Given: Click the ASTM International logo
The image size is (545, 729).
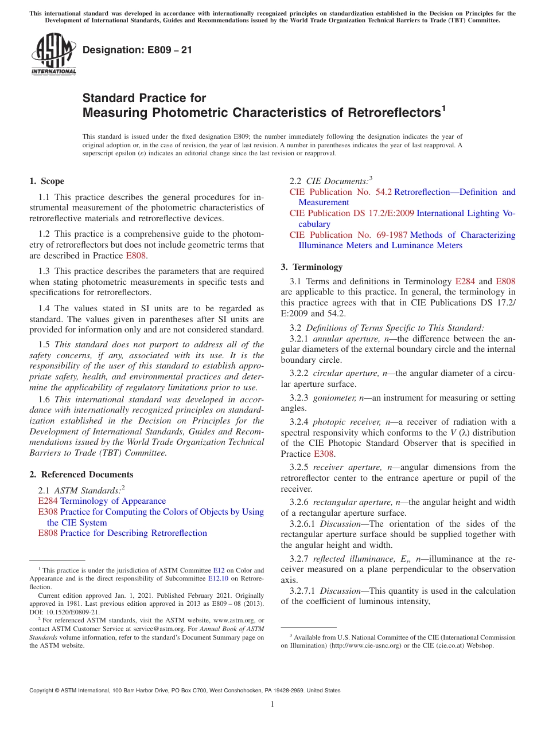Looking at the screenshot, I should (x=53, y=54).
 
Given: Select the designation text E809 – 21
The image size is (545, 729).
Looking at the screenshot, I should (x=138, y=50).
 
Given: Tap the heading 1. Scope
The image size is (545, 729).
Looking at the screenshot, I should (x=47, y=181).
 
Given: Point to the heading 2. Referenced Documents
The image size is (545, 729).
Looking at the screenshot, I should (x=81, y=475).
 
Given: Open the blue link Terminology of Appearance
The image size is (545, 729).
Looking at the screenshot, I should (x=113, y=501).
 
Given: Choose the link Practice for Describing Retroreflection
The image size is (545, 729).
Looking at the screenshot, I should (x=134, y=533).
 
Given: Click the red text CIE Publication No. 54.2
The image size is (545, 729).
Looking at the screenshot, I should (x=341, y=192).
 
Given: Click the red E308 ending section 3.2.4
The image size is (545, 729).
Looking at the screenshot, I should (x=324, y=454).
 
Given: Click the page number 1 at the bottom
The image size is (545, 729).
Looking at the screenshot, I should (x=272, y=704).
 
